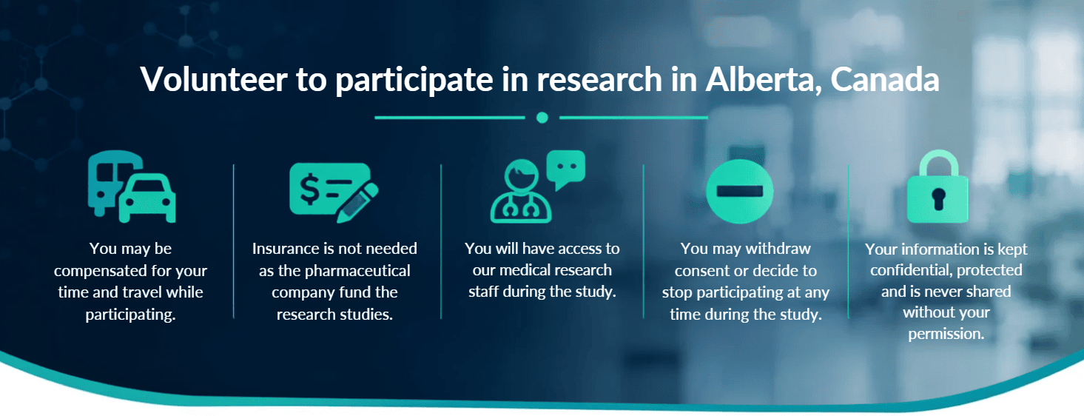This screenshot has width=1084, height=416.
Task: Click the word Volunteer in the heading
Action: (214, 79)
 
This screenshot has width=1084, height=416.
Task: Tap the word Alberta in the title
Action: (764, 79)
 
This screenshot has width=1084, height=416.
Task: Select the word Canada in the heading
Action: (885, 79)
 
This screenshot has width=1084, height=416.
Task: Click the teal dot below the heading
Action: (542, 118)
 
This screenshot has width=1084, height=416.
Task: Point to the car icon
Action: (147, 198)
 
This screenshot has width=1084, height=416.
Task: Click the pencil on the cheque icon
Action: (357, 203)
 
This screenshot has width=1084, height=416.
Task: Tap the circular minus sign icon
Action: (739, 191)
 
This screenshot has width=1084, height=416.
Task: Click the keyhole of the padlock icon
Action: (938, 198)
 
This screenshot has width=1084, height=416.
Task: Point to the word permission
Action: (946, 334)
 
